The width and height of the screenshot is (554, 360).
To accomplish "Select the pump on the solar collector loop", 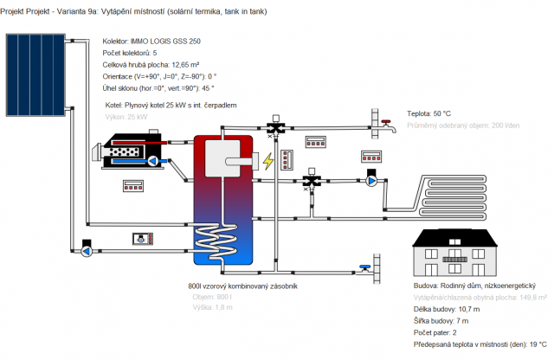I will point(87,251).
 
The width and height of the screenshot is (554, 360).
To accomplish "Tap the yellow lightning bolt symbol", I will point(268,161).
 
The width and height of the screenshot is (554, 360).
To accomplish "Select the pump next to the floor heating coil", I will point(372,180).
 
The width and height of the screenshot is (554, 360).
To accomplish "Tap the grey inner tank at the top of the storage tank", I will point(233,165).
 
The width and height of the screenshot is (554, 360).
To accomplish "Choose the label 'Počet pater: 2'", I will point(442,332).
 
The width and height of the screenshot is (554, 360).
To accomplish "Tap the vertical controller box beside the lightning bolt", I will point(288,160).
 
